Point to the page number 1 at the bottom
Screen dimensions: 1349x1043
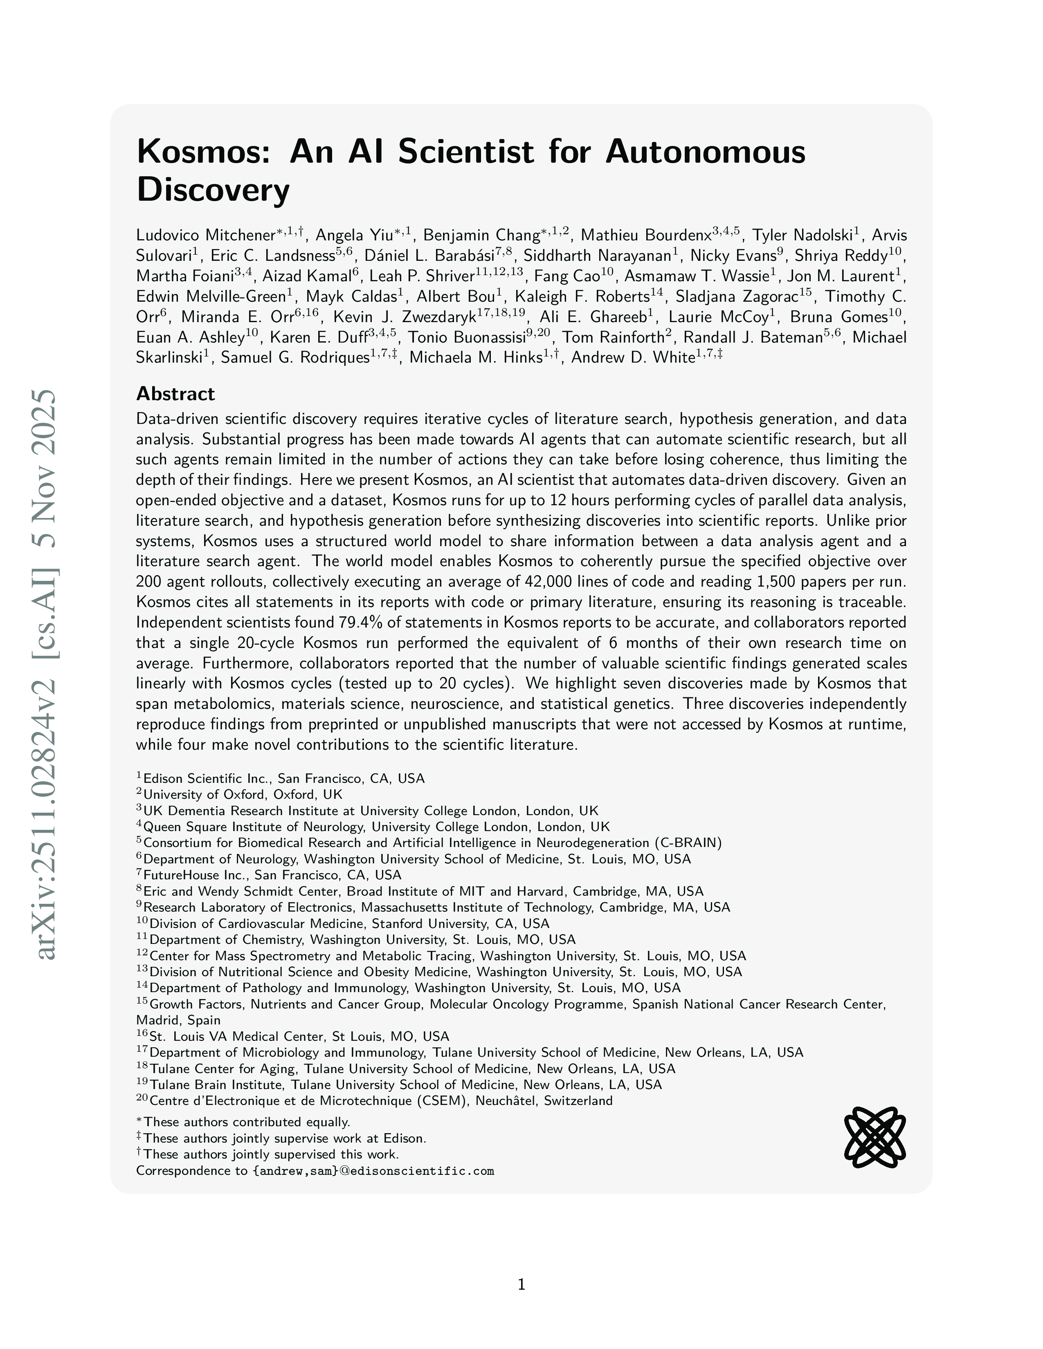click(x=521, y=1285)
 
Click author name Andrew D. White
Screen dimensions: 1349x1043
click(x=633, y=358)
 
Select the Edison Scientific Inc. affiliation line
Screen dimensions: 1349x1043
click(x=283, y=778)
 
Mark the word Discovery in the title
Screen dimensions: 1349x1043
click(x=213, y=190)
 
